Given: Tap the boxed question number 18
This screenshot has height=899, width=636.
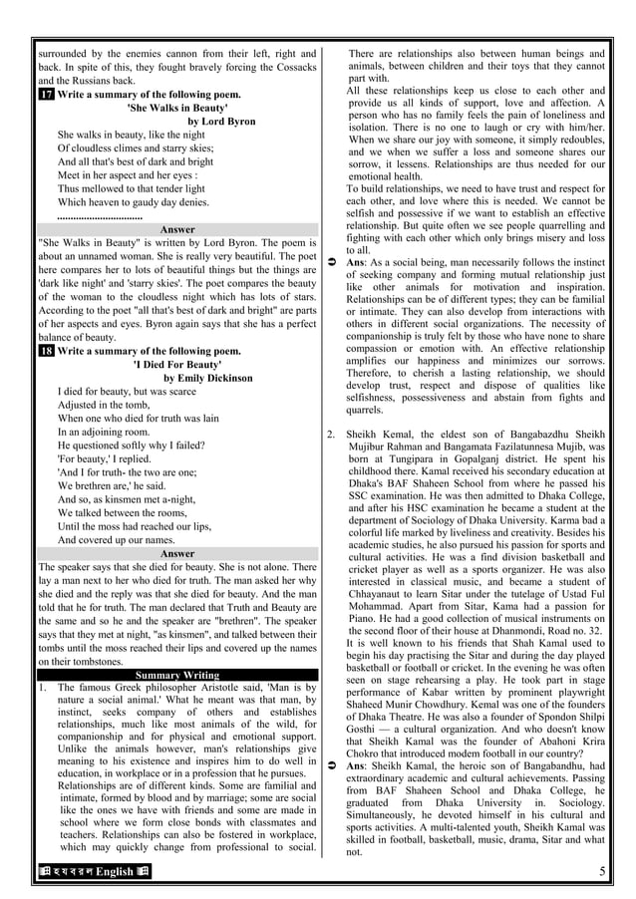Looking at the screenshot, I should [x=46, y=351].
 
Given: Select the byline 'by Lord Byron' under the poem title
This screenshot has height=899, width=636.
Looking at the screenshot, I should [x=221, y=122].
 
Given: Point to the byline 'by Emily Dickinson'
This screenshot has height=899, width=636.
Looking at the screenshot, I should [x=208, y=379].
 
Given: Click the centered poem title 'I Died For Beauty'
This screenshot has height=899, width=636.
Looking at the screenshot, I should [x=177, y=365].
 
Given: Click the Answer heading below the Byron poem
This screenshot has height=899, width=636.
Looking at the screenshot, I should [x=177, y=229].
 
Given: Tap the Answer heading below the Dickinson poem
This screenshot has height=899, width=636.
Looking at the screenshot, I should [x=177, y=553].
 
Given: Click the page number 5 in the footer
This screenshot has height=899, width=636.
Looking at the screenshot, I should [x=602, y=873].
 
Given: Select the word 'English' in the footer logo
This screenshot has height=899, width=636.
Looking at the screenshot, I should [x=114, y=873].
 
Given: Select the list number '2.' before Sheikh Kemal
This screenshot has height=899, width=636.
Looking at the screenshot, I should [x=332, y=435].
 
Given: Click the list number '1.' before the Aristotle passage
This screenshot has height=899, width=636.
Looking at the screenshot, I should [x=41, y=688].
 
